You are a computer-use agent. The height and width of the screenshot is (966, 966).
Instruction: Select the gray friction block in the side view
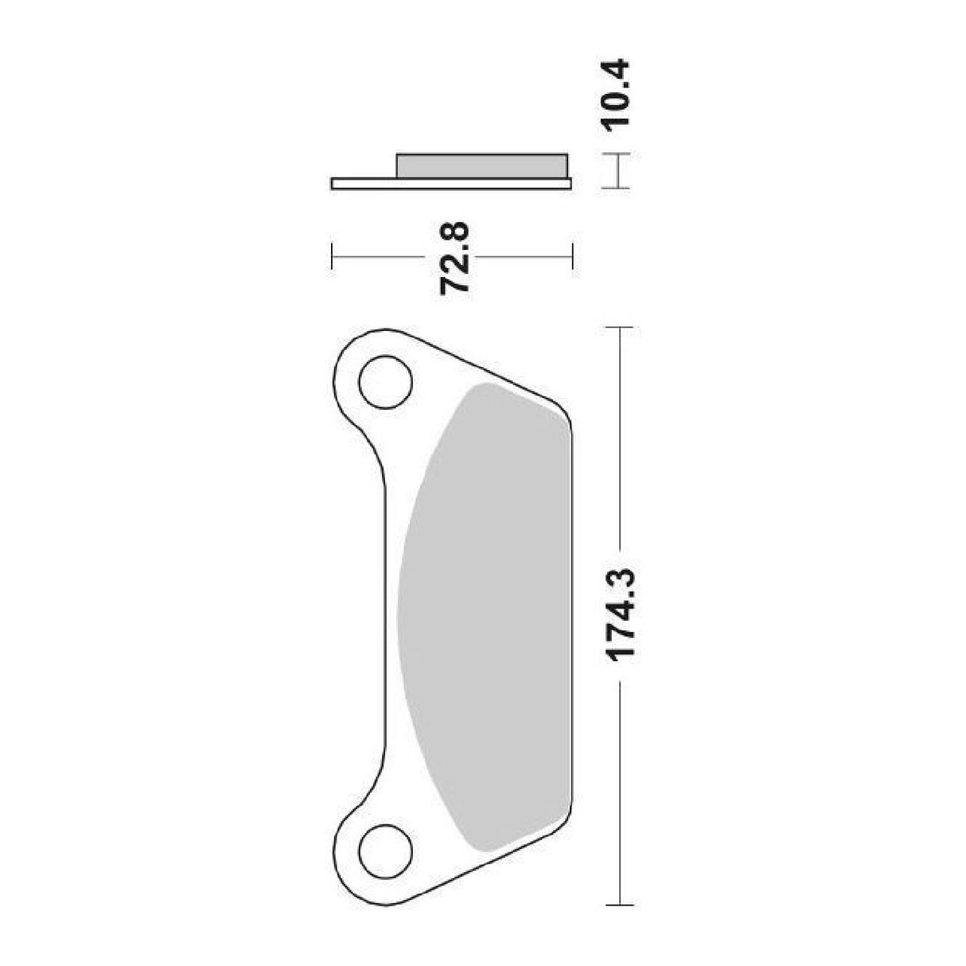482,166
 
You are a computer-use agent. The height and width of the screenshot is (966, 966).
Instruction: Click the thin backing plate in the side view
450,185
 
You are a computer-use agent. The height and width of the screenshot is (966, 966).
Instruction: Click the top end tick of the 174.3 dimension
619,327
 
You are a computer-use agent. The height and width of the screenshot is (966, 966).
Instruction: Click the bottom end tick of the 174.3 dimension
619,906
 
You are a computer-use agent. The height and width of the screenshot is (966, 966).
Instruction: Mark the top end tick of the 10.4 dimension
617,154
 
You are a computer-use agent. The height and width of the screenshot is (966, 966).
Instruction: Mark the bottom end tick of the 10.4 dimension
617,188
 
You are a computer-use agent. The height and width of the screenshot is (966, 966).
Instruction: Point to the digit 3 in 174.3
618,578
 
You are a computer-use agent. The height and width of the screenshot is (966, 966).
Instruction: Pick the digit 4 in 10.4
617,68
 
